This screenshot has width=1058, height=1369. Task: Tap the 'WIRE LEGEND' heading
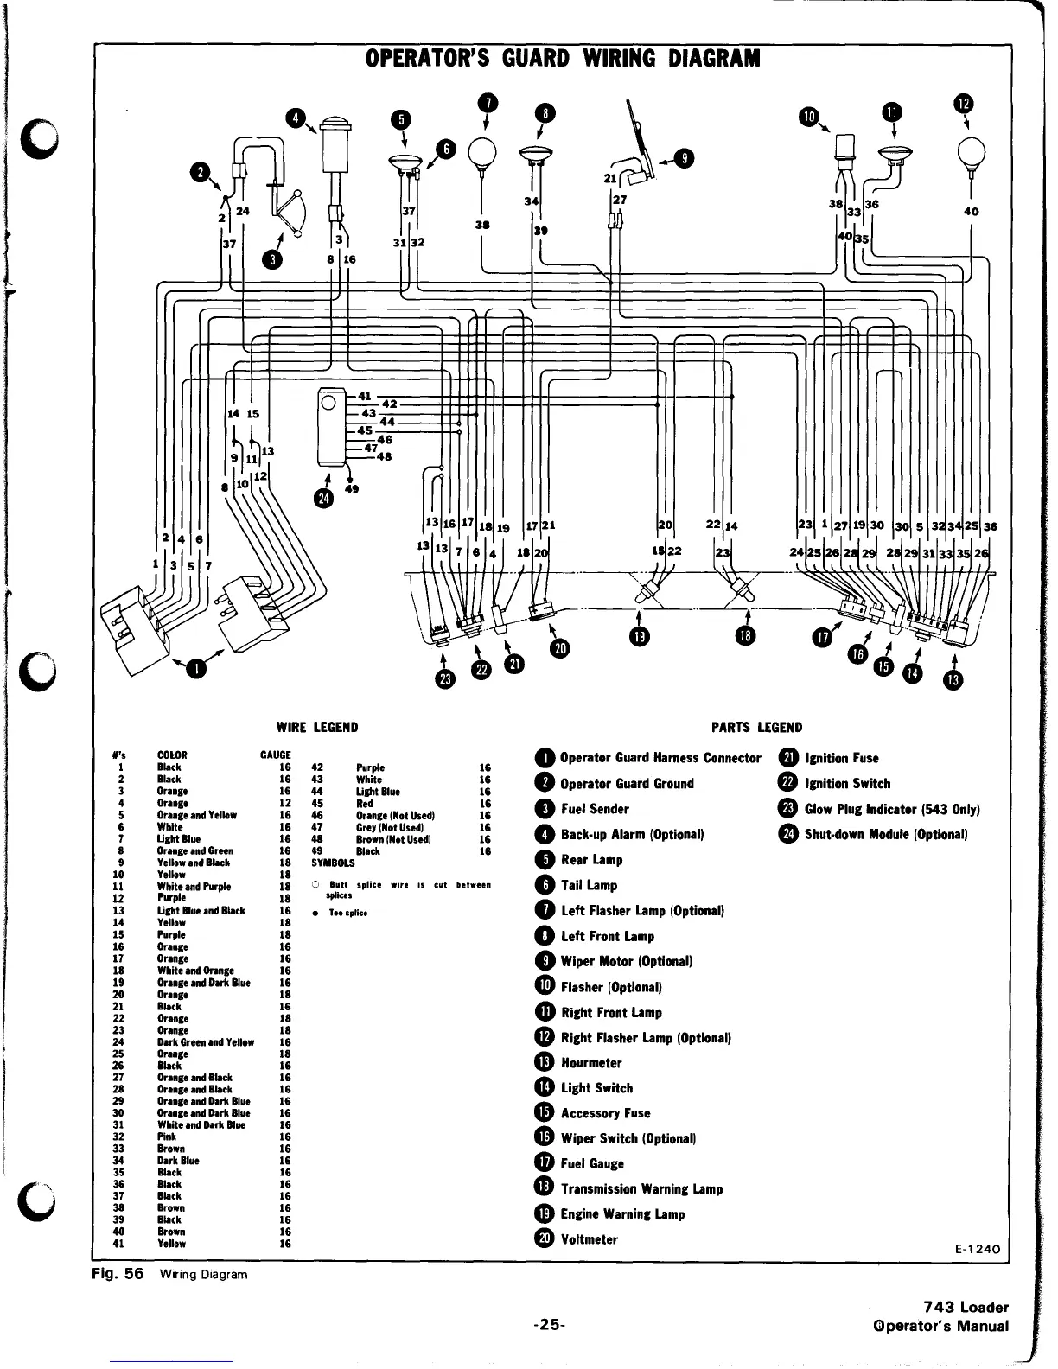pyautogui.click(x=316, y=727)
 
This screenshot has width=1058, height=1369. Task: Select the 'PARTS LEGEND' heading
pyautogui.click(x=756, y=727)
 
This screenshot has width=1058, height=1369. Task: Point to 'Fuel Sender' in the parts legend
pyautogui.click(x=595, y=809)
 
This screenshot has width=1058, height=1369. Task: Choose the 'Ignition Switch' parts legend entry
pyautogui.click(x=847, y=783)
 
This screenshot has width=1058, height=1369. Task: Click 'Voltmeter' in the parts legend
pyautogui.click(x=590, y=1239)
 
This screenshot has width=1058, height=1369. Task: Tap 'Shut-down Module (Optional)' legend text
pyautogui.click(x=886, y=834)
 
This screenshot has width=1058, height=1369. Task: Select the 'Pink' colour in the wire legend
pyautogui.click(x=166, y=1137)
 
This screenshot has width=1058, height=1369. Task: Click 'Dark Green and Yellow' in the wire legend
pyautogui.click(x=206, y=1042)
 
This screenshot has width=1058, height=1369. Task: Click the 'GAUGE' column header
pyautogui.click(x=276, y=755)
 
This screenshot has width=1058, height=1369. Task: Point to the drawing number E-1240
pyautogui.click(x=977, y=1250)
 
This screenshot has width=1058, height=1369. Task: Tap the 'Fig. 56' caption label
pyautogui.click(x=117, y=1274)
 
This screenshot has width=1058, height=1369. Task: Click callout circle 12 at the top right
pyautogui.click(x=963, y=103)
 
